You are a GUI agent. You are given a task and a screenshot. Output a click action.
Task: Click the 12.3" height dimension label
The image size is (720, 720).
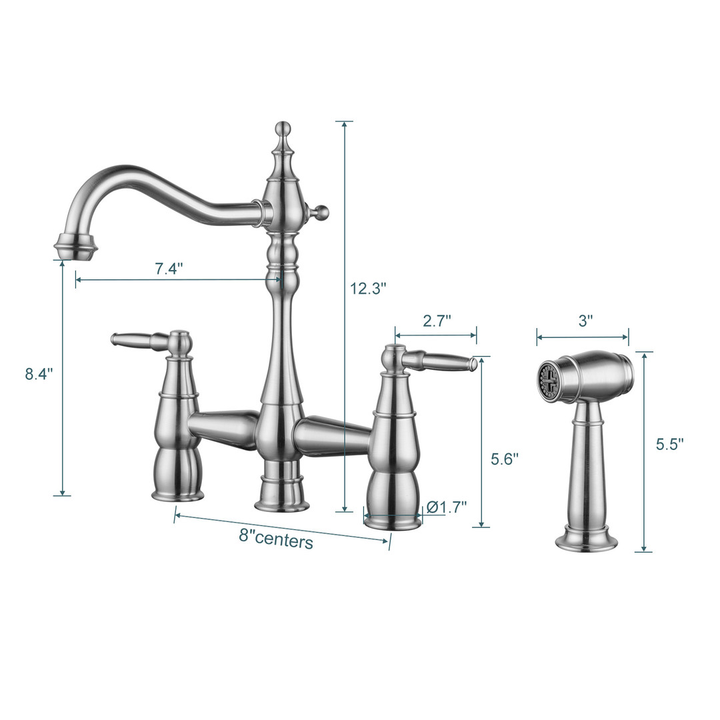(x=368, y=289)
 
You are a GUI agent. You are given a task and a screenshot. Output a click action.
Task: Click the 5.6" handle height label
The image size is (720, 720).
(x=504, y=459)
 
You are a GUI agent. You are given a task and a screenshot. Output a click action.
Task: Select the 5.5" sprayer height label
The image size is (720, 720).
(x=669, y=444)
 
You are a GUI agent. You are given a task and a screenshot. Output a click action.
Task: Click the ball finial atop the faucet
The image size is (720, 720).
(x=283, y=128)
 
